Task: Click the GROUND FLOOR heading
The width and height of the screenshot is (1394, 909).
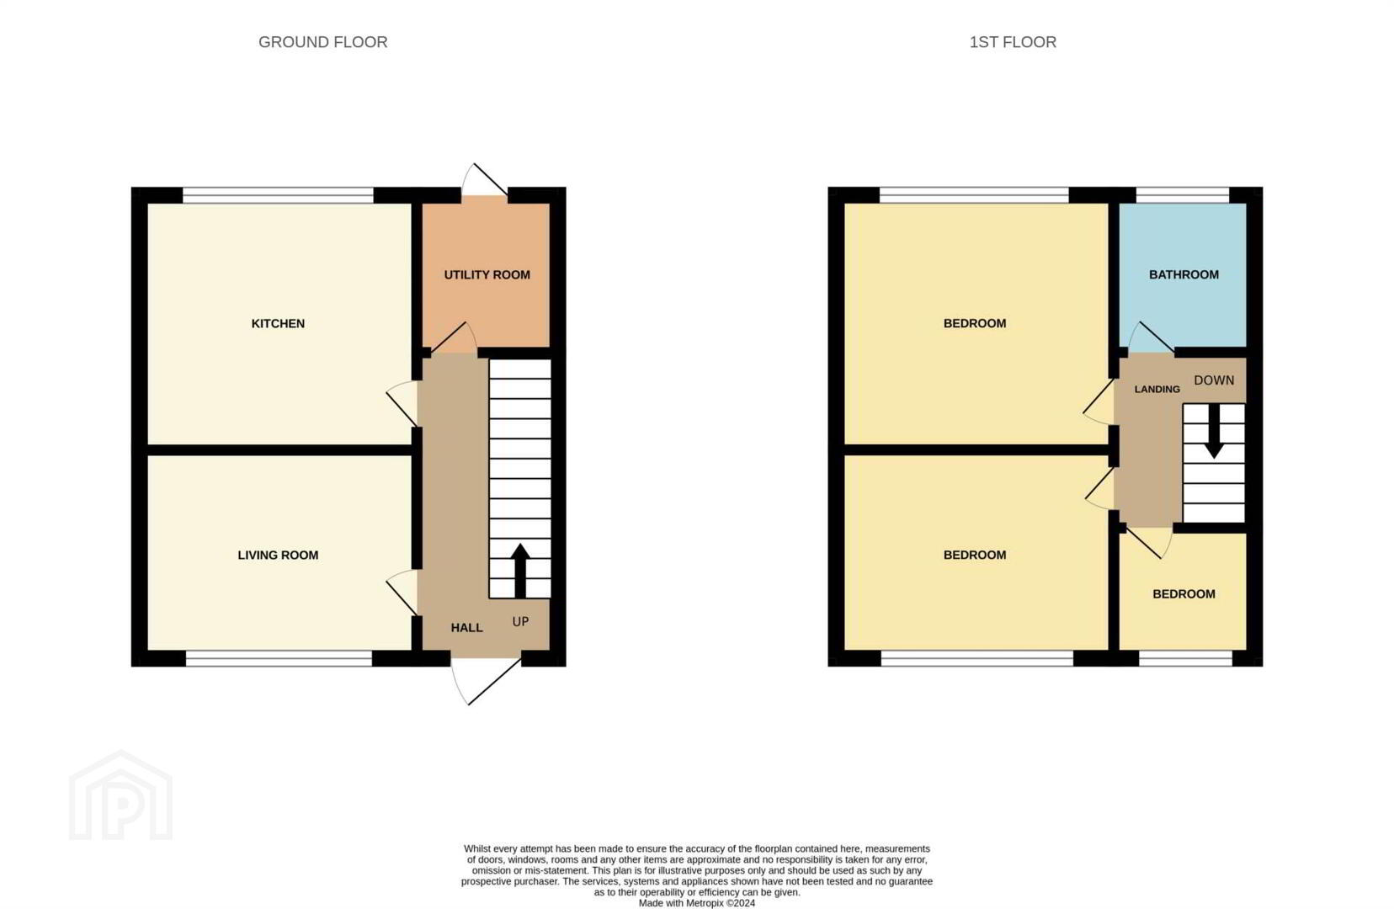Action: click(x=323, y=42)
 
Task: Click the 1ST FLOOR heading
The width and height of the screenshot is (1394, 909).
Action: click(x=1013, y=42)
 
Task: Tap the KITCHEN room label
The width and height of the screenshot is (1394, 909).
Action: click(x=278, y=323)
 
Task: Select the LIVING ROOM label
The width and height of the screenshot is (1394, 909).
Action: click(x=278, y=555)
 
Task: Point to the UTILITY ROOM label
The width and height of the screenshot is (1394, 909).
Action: click(x=487, y=275)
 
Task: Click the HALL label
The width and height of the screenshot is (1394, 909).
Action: click(x=466, y=628)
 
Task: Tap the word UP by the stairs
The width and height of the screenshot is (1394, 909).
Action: click(x=520, y=621)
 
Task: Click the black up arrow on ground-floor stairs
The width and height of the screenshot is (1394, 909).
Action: click(x=520, y=571)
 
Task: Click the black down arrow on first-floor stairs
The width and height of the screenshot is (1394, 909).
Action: click(x=1214, y=431)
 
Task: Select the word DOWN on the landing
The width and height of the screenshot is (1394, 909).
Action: click(x=1214, y=380)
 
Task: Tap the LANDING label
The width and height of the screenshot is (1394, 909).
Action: click(x=1157, y=390)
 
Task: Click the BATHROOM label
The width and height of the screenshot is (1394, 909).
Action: click(x=1184, y=275)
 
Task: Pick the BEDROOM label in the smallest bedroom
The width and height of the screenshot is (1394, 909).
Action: click(x=1184, y=594)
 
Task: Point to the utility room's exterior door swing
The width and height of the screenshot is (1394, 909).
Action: click(x=485, y=180)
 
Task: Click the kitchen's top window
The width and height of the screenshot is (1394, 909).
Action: click(x=278, y=195)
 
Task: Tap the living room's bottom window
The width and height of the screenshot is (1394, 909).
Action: click(x=279, y=658)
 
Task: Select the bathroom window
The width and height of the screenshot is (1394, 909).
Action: click(x=1183, y=195)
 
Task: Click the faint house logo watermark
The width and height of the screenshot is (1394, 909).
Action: click(x=120, y=795)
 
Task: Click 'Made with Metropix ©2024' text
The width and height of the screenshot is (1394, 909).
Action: click(x=697, y=903)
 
